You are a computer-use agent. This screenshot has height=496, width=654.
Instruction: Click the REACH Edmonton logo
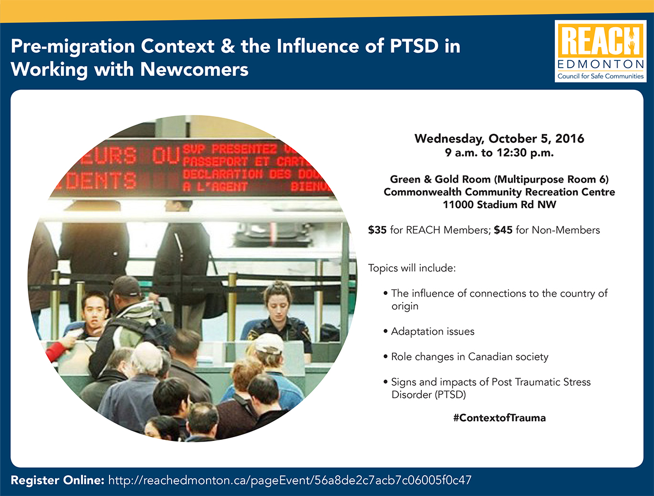tap(601, 51)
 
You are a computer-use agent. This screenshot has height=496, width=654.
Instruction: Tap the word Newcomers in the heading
tap(194, 69)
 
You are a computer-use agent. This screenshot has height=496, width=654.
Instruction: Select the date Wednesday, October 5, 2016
tap(499, 138)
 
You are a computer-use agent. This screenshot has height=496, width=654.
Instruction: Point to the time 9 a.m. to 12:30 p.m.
tap(499, 153)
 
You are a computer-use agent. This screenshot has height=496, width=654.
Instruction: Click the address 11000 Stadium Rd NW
tap(499, 204)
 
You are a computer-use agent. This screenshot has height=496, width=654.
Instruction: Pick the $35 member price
tap(377, 230)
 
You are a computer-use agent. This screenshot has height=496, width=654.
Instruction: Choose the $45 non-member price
tap(503, 230)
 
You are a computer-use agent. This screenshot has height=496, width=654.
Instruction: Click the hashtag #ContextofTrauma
tap(499, 418)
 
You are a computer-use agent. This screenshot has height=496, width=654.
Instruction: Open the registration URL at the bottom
tap(289, 480)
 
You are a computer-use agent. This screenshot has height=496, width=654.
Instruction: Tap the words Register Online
tap(58, 480)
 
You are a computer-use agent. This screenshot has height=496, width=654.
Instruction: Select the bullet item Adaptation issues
tap(432, 331)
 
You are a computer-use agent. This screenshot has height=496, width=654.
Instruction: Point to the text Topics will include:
tap(412, 268)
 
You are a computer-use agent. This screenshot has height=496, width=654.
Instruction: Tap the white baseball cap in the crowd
tap(270, 343)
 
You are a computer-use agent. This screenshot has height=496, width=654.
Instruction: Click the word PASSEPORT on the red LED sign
tap(215, 161)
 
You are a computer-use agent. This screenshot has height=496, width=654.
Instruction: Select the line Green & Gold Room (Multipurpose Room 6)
tap(499, 179)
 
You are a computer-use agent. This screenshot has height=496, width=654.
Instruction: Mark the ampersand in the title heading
tap(228, 46)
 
